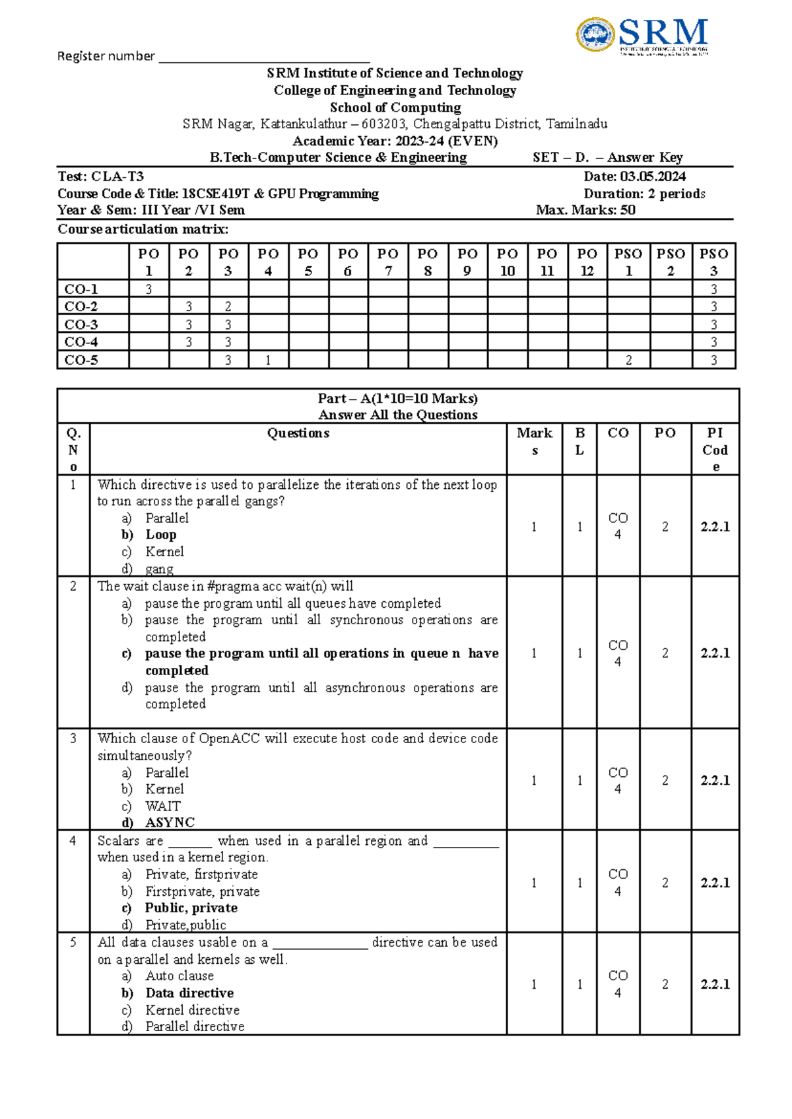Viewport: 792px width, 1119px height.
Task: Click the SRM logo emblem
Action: [596, 35]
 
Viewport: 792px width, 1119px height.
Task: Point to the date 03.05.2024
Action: [653, 176]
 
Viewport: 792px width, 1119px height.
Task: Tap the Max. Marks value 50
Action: [628, 210]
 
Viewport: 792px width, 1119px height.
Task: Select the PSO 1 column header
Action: [628, 262]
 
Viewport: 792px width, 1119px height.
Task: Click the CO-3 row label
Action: [81, 324]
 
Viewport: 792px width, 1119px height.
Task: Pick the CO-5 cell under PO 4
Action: [268, 360]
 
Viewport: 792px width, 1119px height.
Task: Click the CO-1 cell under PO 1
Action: [148, 289]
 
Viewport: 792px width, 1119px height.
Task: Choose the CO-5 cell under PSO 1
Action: [628, 360]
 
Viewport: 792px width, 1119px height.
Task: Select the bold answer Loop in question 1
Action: [160, 534]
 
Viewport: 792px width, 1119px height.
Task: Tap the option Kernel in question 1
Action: [164, 552]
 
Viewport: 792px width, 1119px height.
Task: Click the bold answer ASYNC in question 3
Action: [170, 822]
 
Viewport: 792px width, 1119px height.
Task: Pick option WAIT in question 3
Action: [162, 806]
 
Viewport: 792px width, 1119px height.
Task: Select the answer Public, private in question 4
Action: [191, 908]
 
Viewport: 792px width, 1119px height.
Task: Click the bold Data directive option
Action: [189, 993]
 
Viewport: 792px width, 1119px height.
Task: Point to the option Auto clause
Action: [180, 976]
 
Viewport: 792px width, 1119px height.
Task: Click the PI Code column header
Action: [715, 449]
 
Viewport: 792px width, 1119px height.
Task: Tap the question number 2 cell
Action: [73, 586]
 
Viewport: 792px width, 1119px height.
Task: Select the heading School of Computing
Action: [395, 107]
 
